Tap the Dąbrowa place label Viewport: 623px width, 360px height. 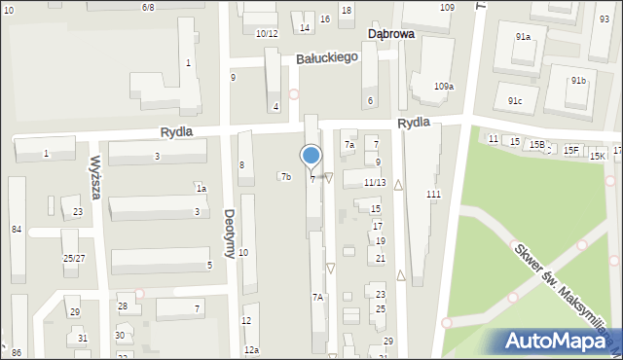pos(391,33)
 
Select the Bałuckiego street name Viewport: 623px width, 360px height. pos(327,58)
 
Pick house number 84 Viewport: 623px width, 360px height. pos(17,229)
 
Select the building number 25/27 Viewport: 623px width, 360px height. pos(74,258)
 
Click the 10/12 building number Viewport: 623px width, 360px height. pos(267,34)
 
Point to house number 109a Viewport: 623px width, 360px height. pos(444,87)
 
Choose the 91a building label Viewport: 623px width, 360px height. pos(523,37)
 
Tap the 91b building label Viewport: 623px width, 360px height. pos(579,80)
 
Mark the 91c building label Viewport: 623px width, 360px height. pos(515,100)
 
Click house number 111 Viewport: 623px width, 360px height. pos(433,195)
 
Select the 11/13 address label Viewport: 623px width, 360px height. pos(375,182)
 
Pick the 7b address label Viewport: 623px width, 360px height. pos(285,177)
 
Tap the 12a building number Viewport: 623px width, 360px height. pos(251,349)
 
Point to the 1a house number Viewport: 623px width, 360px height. pos(201,189)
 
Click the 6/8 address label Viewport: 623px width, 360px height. pos(148,7)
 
